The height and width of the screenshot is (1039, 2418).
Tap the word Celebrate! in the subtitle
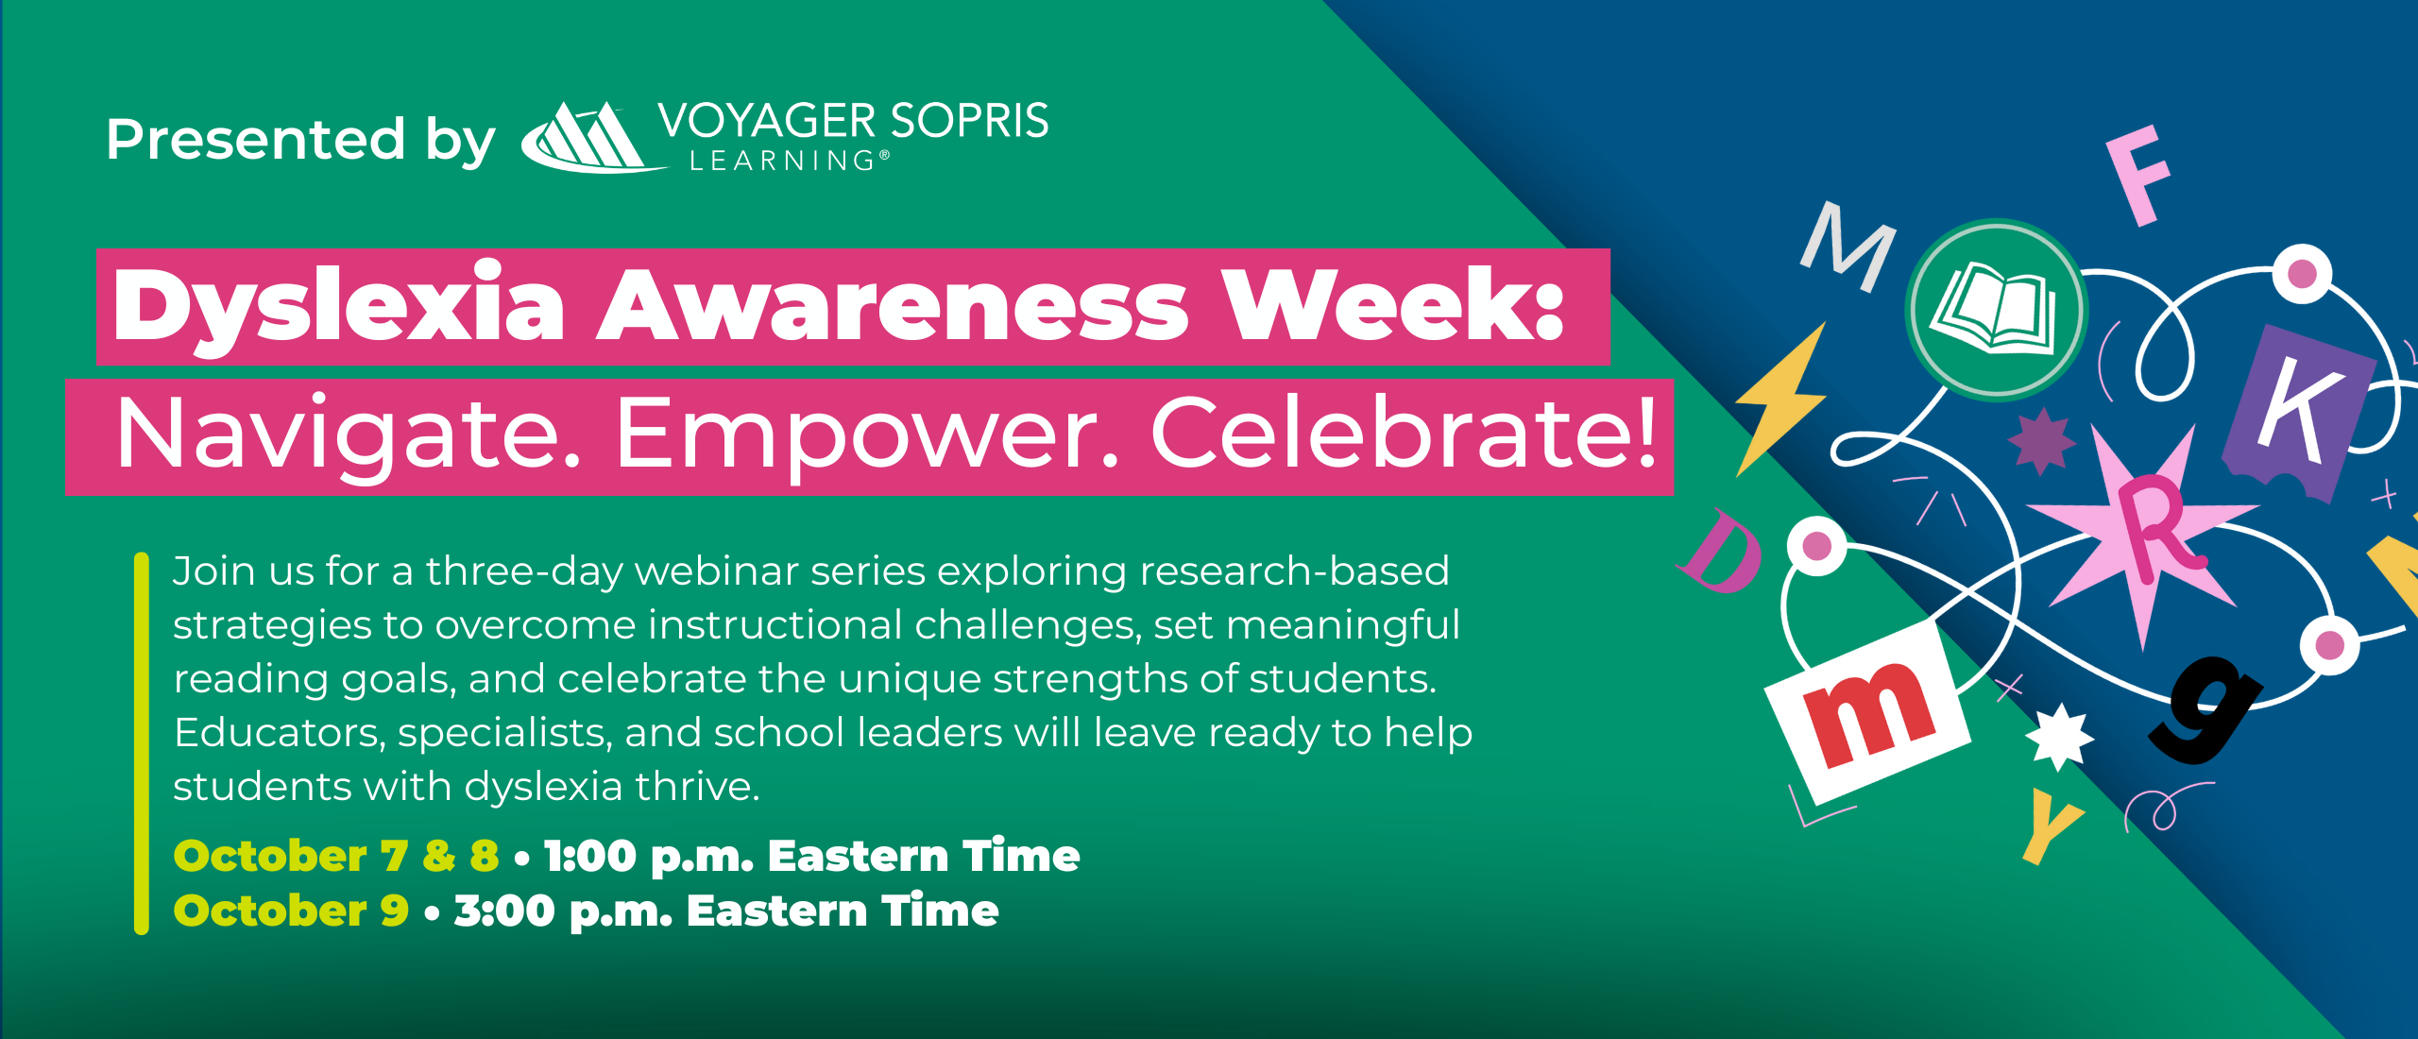[x=1404, y=434]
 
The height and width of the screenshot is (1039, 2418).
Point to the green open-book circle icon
[x=1996, y=310]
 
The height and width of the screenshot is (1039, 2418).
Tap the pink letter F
[x=2140, y=176]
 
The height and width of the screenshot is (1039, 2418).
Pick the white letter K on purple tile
[x=2299, y=410]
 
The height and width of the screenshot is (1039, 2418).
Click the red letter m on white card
[x=1868, y=714]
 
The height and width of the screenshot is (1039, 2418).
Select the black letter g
[x=2206, y=708]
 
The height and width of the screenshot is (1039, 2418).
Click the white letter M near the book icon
[x=1848, y=246]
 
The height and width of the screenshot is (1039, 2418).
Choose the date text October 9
[x=291, y=911]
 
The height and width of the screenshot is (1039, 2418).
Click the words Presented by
[x=300, y=140]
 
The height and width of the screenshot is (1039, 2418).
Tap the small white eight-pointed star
[x=2059, y=737]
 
